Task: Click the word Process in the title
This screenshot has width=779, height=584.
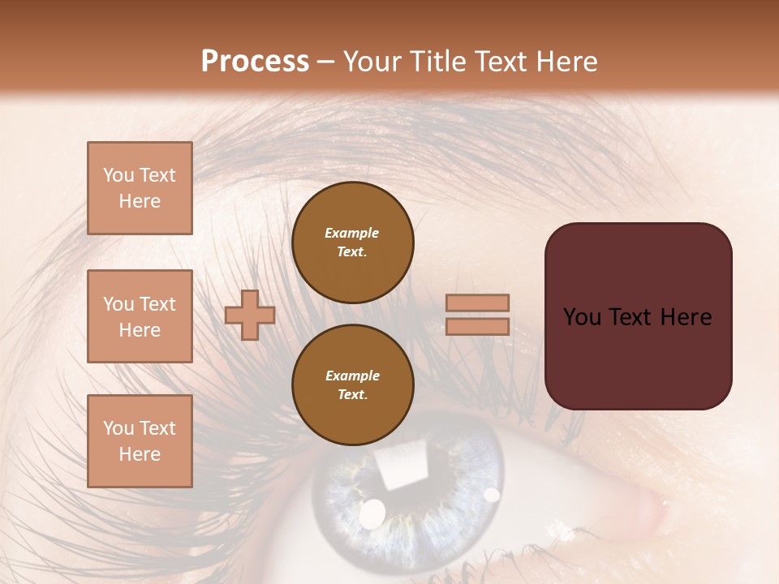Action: [255, 62]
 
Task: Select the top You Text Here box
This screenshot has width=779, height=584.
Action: [140, 188]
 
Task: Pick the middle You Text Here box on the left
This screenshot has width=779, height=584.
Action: [140, 316]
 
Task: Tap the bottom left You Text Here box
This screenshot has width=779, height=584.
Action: [140, 440]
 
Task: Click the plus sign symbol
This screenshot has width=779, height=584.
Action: [250, 315]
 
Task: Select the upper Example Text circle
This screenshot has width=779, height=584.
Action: [352, 242]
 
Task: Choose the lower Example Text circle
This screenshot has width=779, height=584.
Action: [352, 384]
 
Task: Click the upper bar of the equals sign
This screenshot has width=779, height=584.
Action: [478, 303]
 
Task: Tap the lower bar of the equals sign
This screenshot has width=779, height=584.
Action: [478, 326]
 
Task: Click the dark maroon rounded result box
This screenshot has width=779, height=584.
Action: [638, 316]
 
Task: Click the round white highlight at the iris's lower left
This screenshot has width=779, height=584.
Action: [372, 513]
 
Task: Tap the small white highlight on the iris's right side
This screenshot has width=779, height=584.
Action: [492, 494]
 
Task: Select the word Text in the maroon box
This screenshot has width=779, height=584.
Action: [636, 317]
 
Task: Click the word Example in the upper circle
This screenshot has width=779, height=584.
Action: [352, 233]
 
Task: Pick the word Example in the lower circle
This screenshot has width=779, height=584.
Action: [352, 376]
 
